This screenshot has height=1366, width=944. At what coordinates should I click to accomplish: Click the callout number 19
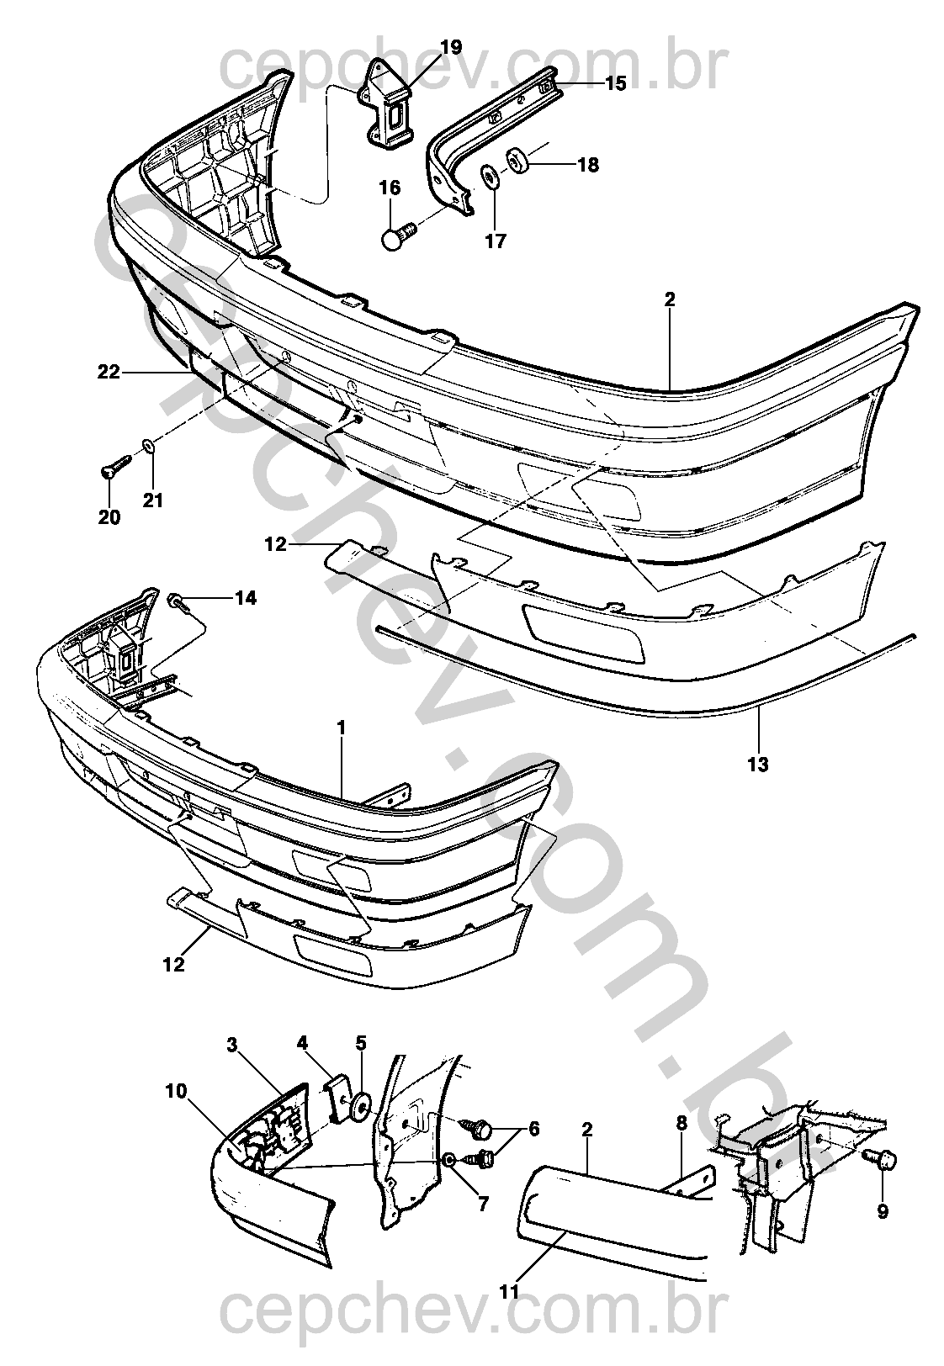click(451, 47)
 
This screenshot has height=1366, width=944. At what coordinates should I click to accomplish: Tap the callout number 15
click(616, 83)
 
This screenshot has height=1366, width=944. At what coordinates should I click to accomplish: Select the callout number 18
click(588, 165)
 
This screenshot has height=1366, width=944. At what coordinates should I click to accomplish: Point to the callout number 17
click(496, 241)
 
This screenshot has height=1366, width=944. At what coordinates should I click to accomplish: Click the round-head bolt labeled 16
click(400, 235)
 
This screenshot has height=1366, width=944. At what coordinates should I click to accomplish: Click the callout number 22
click(109, 372)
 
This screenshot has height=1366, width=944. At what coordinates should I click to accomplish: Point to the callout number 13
click(758, 764)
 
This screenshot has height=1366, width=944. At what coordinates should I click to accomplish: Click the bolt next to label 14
click(178, 602)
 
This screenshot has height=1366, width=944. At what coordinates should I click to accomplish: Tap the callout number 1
click(341, 728)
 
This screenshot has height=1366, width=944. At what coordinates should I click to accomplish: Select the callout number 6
click(533, 1129)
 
